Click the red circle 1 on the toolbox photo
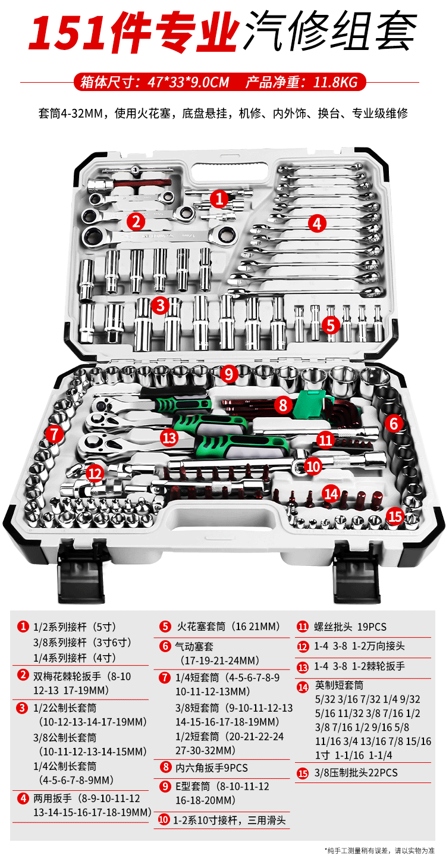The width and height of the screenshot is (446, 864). pyautogui.click(x=220, y=198)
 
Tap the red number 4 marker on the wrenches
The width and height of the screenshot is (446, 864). pyautogui.click(x=318, y=223)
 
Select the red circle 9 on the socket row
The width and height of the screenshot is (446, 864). pyautogui.click(x=228, y=374)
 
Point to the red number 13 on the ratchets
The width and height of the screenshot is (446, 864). pyautogui.click(x=169, y=437)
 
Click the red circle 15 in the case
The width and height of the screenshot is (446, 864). pyautogui.click(x=395, y=515)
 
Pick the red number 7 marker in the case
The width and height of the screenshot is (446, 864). pyautogui.click(x=54, y=434)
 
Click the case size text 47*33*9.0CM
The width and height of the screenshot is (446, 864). pyautogui.click(x=188, y=82)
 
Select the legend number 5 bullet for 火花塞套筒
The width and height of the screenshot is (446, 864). pyautogui.click(x=165, y=627)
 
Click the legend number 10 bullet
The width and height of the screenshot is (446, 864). pyautogui.click(x=164, y=820)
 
